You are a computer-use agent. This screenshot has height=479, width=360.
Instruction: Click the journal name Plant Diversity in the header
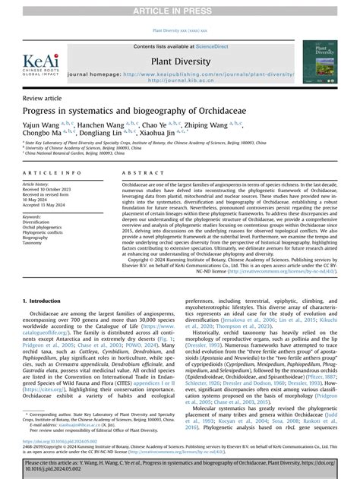click(179, 61)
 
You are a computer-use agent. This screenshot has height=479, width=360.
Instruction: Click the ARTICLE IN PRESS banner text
click(180, 9)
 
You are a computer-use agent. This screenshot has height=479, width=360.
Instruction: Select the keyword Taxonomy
click(36, 243)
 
